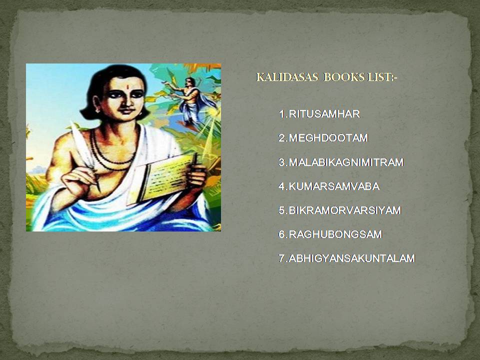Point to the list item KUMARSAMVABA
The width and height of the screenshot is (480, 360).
click(334, 186)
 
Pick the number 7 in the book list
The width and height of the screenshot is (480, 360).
click(281, 258)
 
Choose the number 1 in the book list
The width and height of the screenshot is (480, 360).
click(281, 114)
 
